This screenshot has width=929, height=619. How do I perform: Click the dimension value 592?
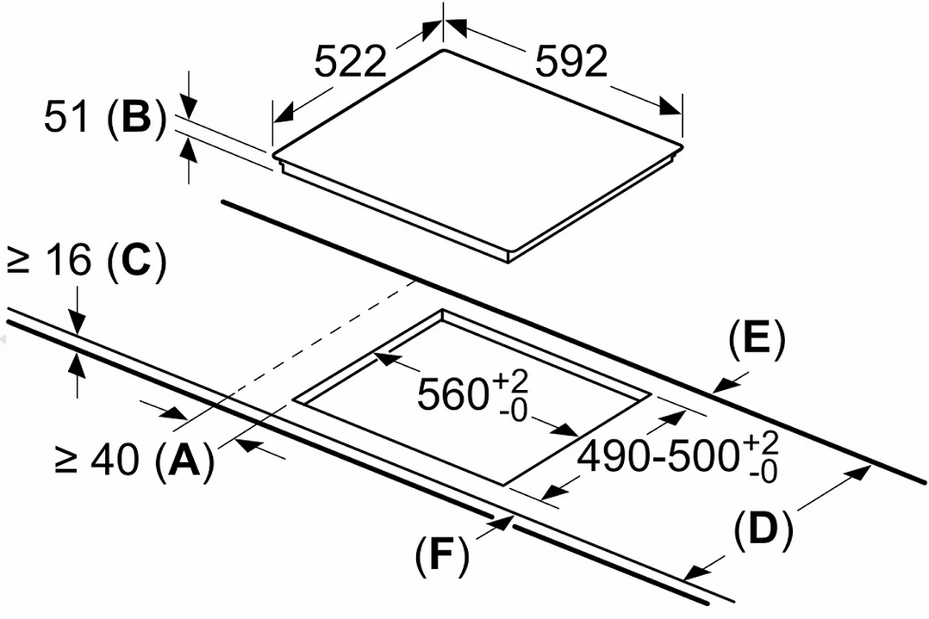tap(570, 62)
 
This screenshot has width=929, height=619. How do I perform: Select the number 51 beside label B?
tap(65, 120)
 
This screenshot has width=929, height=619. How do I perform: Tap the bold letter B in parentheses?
tap(135, 120)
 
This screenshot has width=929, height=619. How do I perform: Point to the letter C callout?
tap(134, 262)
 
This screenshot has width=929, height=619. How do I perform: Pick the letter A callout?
tap(181, 462)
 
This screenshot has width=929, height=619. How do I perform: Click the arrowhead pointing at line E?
tap(722, 385)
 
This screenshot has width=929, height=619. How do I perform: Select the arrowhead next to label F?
tap(503, 523)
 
